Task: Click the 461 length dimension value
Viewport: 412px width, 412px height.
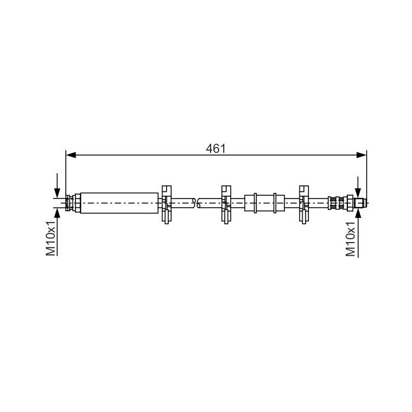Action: pyautogui.click(x=216, y=149)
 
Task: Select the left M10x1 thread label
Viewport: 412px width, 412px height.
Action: pyautogui.click(x=51, y=238)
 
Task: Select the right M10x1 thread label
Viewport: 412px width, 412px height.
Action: pyautogui.click(x=350, y=238)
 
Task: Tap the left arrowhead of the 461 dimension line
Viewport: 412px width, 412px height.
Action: pyautogui.click(x=71, y=155)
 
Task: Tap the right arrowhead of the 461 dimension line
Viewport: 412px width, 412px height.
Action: pyautogui.click(x=361, y=155)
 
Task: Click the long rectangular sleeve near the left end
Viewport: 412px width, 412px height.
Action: pyautogui.click(x=119, y=203)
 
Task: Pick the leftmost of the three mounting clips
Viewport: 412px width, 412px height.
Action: pyautogui.click(x=167, y=204)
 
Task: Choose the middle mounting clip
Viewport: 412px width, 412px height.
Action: pyautogui.click(x=226, y=204)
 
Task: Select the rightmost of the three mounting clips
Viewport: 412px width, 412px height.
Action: pyautogui.click(x=304, y=204)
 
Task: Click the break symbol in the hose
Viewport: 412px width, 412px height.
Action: pyautogui.click(x=196, y=203)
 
